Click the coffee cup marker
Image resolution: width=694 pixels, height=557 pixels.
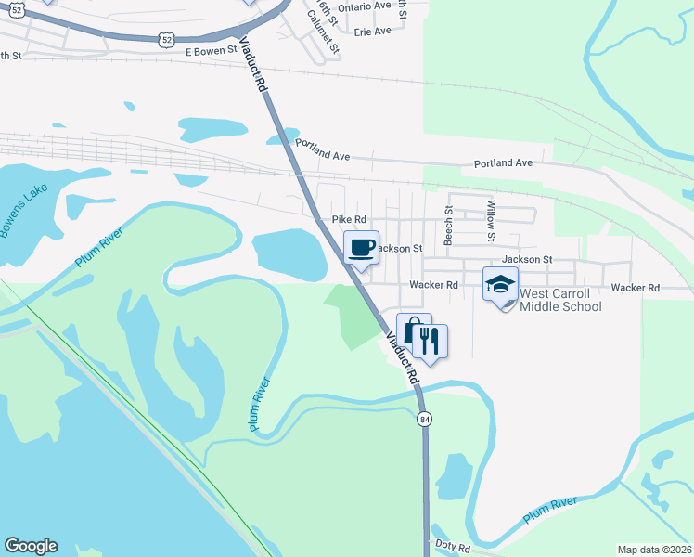(362, 248)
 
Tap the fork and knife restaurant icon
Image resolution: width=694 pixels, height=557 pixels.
(429, 341)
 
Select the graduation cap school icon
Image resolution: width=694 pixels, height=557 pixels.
(501, 284)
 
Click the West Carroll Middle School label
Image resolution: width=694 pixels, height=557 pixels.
(560, 300)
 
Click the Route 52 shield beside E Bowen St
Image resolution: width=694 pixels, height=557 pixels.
(165, 38)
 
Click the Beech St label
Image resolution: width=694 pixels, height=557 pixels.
(448, 224)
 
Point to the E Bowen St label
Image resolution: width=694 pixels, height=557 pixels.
(219, 53)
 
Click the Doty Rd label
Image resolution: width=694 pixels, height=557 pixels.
(453, 550)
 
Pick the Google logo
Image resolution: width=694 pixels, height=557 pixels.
(31, 546)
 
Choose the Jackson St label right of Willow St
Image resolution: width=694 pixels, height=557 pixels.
(527, 260)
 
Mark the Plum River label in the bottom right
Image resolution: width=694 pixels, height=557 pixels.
(549, 508)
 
